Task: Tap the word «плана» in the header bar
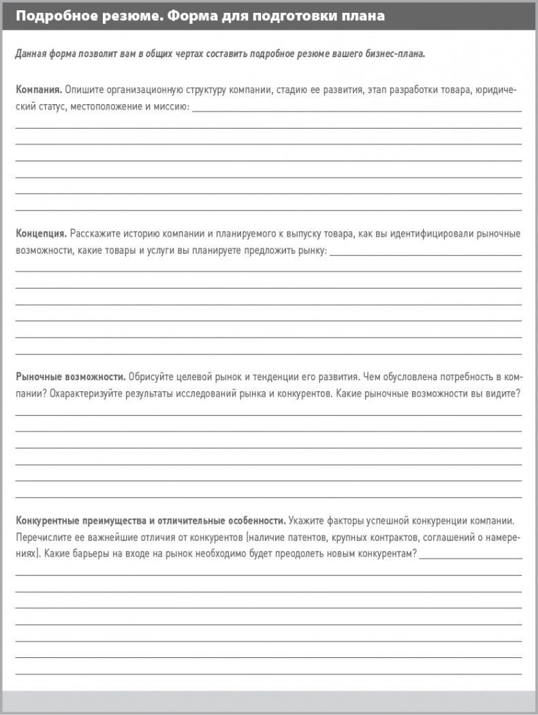(362, 16)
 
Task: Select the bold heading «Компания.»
(39, 90)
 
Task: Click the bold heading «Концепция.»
(41, 234)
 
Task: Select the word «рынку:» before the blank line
(313, 251)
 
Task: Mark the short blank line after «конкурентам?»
(471, 558)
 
